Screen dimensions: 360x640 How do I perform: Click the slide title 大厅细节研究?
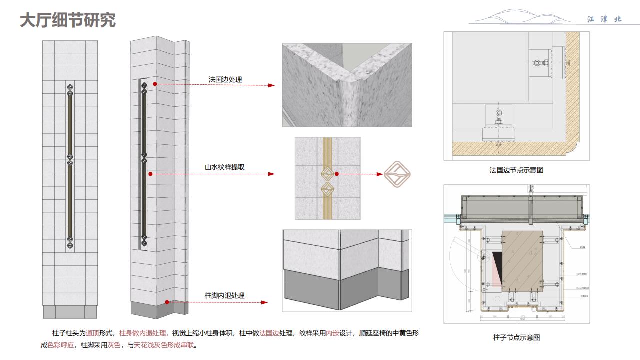point(68,20)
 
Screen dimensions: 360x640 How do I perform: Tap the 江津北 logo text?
point(604,19)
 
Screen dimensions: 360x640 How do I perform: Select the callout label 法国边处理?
point(225,79)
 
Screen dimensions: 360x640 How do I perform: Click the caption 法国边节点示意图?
point(516,170)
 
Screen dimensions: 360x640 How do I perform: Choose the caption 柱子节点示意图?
point(516,337)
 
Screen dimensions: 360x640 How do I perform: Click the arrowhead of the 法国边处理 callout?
point(271,85)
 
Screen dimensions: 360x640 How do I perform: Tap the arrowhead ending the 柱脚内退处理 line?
point(265,302)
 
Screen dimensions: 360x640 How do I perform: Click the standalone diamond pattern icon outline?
point(397,174)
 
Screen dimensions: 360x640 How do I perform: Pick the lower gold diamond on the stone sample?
point(327,189)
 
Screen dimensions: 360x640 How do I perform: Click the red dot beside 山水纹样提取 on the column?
point(150,174)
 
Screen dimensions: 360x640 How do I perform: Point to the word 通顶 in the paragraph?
point(93,333)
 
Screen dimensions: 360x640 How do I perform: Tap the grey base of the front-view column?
point(70,312)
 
